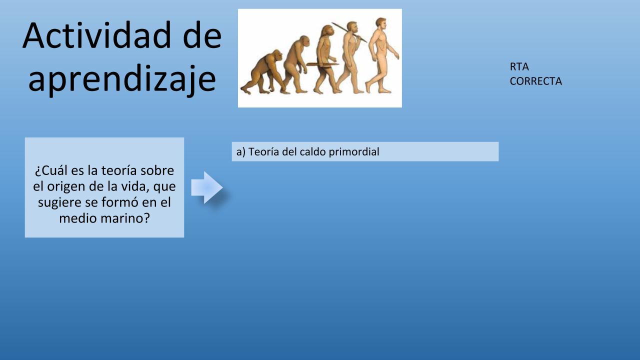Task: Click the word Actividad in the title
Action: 96,35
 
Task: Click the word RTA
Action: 519,67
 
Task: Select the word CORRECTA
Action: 535,81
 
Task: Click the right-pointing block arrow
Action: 207,187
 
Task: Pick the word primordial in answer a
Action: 354,152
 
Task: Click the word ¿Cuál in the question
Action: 51,170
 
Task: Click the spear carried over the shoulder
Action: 349,32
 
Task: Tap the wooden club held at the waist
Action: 322,64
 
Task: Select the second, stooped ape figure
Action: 296,64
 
